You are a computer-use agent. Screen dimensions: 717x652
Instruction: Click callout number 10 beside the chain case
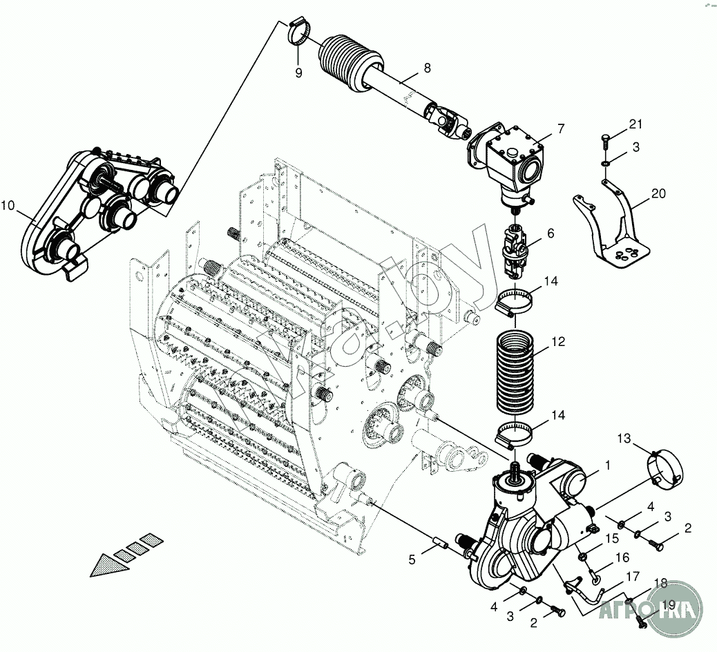[x=8, y=205]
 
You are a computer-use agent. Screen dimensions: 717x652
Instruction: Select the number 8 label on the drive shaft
[x=427, y=68]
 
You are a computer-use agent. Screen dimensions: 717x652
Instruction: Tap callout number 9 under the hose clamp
[x=298, y=73]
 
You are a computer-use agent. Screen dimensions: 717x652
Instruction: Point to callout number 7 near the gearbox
[x=560, y=128]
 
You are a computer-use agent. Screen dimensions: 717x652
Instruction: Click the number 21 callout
[x=635, y=124]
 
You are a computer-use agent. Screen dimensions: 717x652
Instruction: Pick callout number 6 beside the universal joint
[x=551, y=233]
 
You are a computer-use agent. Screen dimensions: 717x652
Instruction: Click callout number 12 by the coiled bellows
[x=558, y=341]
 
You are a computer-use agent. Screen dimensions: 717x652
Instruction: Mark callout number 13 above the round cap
[x=624, y=438]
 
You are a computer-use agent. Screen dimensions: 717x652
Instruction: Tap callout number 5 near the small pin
[x=412, y=560]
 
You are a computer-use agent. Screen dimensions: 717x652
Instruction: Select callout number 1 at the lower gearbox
[x=607, y=466]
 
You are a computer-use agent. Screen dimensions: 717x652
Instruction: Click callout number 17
[x=633, y=576]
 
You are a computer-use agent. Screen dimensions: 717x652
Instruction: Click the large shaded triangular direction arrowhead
[x=111, y=562]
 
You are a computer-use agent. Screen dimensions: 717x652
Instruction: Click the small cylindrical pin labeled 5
[x=441, y=545]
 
